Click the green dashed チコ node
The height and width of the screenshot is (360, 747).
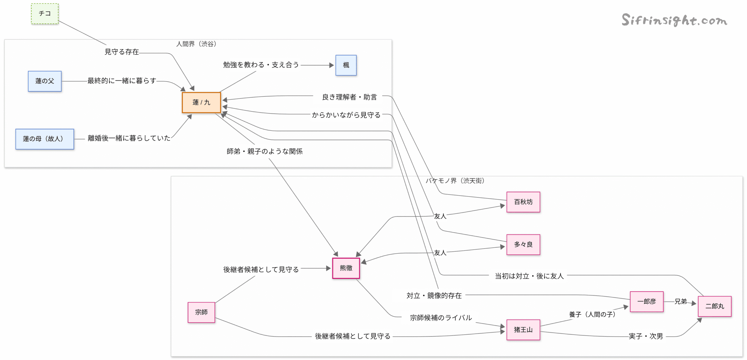tap(45, 13)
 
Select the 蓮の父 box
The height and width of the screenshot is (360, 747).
tap(45, 81)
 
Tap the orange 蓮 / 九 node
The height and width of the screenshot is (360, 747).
tap(201, 102)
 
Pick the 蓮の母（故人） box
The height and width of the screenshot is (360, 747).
tap(44, 139)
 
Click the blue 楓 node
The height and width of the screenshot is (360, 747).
tap(346, 65)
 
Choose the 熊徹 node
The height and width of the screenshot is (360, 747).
tap(346, 268)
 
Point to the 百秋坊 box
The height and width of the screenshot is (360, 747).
tap(523, 202)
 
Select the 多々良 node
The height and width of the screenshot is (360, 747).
tap(523, 244)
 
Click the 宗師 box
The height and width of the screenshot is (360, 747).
tap(201, 312)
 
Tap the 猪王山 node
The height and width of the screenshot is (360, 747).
tap(523, 330)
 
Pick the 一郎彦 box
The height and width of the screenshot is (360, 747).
tap(646, 301)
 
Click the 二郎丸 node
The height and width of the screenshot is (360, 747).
tap(714, 306)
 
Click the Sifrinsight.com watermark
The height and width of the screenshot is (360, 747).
tap(674, 20)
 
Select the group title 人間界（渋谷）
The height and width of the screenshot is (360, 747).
tap(196, 44)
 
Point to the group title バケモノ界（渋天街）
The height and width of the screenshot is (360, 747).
tap(455, 181)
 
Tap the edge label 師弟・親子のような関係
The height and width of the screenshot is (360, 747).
tap(264, 151)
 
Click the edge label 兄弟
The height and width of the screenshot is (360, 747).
tap(680, 301)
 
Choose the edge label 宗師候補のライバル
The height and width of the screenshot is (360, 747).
tap(441, 318)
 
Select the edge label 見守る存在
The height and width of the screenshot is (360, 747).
tap(122, 52)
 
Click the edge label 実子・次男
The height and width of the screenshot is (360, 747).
tap(645, 336)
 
